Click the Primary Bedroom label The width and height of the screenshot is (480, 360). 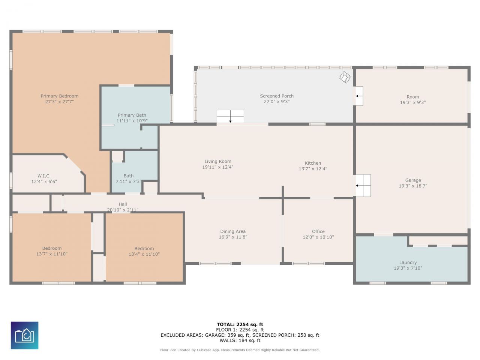(x=59, y=96)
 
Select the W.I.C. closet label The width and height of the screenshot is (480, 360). (x=44, y=176)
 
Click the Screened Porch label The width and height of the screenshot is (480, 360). (x=277, y=96)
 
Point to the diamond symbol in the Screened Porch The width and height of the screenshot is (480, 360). (x=345, y=77)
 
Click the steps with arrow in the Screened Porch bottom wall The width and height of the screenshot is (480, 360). (x=230, y=116)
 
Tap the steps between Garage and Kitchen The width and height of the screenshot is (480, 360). (x=363, y=186)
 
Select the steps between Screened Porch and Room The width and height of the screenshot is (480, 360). (x=359, y=96)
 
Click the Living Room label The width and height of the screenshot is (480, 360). (x=218, y=162)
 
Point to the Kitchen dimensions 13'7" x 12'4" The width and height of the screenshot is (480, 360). (x=313, y=169)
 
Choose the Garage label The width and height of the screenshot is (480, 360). (x=413, y=180)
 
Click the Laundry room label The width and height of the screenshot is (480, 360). (x=408, y=263)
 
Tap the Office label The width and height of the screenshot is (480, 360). (x=318, y=232)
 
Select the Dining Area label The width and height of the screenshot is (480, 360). (x=233, y=232)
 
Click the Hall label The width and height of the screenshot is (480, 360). (x=123, y=204)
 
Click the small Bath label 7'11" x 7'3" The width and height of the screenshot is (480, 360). (x=129, y=176)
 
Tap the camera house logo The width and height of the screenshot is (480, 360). (x=24, y=336)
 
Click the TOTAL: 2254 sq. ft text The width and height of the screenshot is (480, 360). (x=240, y=325)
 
